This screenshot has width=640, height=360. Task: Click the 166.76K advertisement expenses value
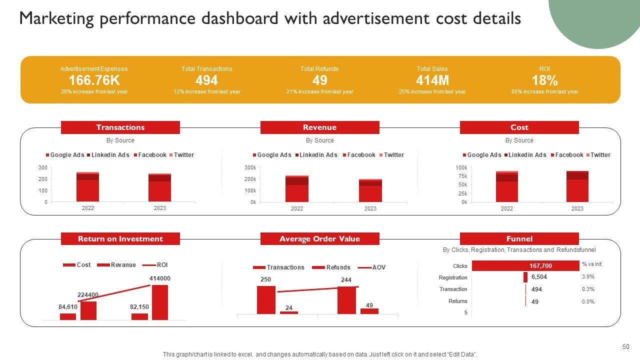pos(94,80)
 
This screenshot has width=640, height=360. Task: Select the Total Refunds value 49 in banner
pos(319,80)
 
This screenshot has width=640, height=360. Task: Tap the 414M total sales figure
pos(432,80)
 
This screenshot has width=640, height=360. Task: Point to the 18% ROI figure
pos(544,80)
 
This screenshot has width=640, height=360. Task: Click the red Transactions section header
pos(120,127)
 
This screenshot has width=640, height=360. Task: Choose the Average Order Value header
pos(319,239)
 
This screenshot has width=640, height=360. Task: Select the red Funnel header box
pos(519,239)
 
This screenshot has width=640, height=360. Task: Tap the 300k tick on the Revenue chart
pos(250,167)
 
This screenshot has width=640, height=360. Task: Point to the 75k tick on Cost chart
pos(461,176)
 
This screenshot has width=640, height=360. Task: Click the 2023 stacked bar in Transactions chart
pos(159,187)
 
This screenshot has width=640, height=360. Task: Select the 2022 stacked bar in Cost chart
pos(506,186)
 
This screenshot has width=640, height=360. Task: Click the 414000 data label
pos(160,278)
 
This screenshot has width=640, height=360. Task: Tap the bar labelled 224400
pos(88,310)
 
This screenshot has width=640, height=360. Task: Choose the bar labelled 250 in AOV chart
pos(266,299)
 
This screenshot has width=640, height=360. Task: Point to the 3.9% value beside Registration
pos(587,276)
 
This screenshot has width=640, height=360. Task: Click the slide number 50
pos(625,347)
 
